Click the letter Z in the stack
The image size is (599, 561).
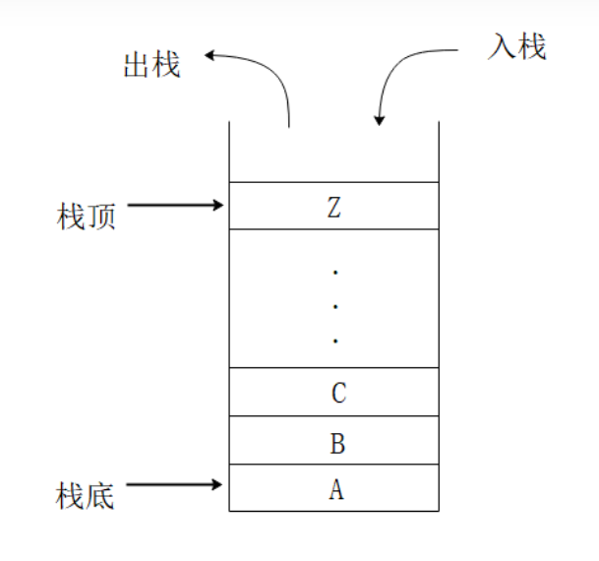(x=335, y=207)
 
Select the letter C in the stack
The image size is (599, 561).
(x=337, y=394)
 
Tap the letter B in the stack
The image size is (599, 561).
(x=336, y=443)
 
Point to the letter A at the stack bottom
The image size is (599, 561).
(x=336, y=489)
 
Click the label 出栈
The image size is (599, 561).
(x=151, y=66)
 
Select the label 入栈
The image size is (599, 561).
(x=517, y=46)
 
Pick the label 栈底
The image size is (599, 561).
(x=87, y=495)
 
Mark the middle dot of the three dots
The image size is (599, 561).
(x=335, y=306)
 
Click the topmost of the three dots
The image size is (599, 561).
(x=335, y=271)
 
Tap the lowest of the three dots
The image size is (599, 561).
(x=335, y=342)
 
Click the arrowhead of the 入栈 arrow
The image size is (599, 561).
(x=380, y=120)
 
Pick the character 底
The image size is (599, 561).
(x=101, y=495)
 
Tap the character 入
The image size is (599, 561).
(x=502, y=46)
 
